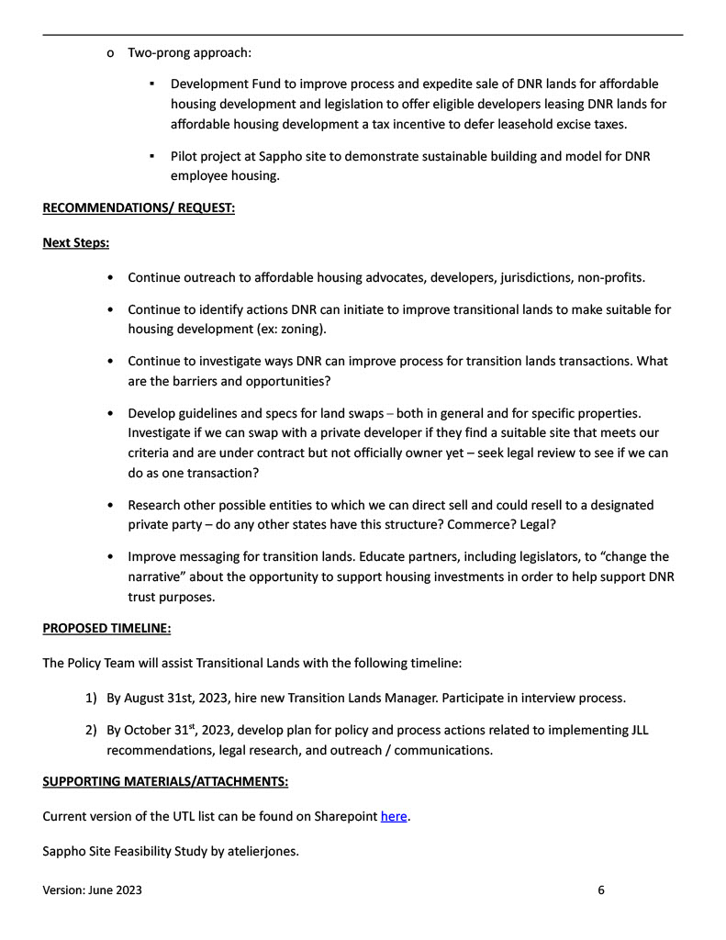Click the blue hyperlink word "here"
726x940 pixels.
coord(394,816)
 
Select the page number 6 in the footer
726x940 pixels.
coord(601,890)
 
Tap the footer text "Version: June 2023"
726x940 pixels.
coord(93,890)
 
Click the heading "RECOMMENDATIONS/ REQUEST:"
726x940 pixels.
coord(139,208)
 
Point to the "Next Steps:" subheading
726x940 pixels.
coord(76,243)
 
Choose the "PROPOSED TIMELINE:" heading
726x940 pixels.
coord(106,629)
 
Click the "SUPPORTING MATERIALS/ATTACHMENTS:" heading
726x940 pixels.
coord(165,781)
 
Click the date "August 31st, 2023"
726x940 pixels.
coord(175,698)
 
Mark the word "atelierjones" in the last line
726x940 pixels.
coord(262,851)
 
